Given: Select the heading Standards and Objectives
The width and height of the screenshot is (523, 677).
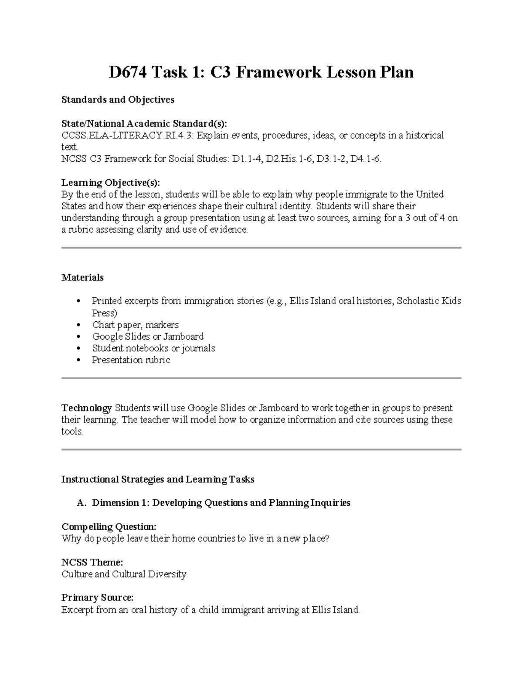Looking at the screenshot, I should [x=118, y=100].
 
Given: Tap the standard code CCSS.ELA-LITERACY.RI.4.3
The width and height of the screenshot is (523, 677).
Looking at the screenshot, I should [x=127, y=136].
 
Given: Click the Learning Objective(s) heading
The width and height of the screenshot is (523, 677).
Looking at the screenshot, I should [x=111, y=182].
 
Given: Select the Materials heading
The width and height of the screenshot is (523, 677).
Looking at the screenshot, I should [x=82, y=278].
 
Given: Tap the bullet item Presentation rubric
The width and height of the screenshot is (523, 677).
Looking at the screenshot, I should [x=131, y=360].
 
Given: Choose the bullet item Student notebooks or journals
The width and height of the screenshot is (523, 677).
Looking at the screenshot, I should [x=153, y=348].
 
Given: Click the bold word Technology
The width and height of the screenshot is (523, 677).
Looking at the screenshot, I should [x=87, y=408].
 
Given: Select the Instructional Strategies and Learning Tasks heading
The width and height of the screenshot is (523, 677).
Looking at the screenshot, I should [x=158, y=480].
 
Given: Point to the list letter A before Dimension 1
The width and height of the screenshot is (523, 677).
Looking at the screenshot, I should [x=80, y=503].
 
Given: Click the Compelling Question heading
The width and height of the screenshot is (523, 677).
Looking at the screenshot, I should [x=109, y=527].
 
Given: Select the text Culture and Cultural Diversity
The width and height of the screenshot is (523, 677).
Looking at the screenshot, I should [x=124, y=574].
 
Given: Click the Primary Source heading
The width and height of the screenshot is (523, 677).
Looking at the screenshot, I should [x=97, y=598].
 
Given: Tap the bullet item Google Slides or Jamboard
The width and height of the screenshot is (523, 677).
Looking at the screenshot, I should [x=148, y=337].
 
